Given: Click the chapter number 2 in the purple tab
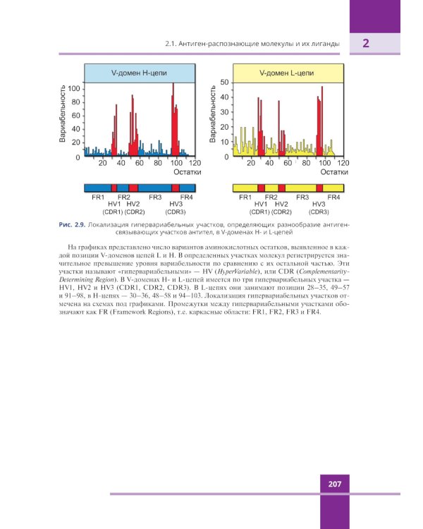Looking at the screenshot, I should (x=366, y=44).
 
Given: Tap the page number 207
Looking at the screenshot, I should (x=335, y=484).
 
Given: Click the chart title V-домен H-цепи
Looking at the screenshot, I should (x=140, y=73).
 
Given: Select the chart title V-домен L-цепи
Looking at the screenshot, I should (x=287, y=73).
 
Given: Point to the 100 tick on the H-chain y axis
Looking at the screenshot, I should (x=74, y=87).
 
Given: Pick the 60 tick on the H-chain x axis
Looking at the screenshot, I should (x=140, y=163).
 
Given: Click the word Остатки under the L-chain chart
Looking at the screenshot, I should (x=333, y=171).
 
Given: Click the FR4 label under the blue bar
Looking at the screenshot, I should (x=187, y=197).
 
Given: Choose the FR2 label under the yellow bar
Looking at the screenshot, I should (x=271, y=197).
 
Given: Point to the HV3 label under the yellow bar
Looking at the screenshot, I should (x=319, y=204).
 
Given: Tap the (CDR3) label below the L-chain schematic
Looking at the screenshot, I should (x=319, y=212).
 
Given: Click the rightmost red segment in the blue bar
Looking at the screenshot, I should (x=176, y=188).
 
